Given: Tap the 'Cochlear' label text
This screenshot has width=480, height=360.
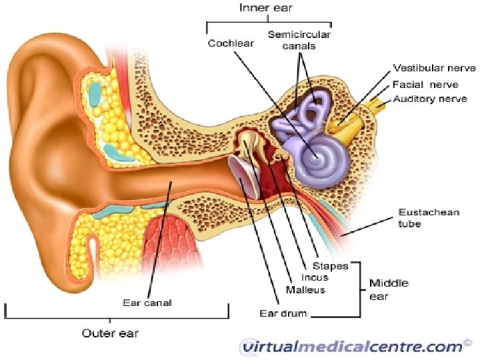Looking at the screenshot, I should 230,43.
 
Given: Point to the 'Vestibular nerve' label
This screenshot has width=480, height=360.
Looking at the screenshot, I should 433,68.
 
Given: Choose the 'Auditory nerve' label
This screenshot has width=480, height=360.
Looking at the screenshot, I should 429,99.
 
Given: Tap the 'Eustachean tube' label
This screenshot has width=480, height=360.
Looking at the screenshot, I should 419,218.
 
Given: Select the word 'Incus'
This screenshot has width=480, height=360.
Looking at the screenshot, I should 315,277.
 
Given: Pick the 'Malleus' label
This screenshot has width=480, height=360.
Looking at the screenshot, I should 305,289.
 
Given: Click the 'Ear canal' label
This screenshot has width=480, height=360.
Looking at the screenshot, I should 147,302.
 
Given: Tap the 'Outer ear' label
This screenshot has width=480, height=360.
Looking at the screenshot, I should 111,333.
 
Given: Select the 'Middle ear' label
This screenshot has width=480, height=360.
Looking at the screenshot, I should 389,289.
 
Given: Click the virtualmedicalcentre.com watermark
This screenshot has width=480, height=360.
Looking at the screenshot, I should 352,346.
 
